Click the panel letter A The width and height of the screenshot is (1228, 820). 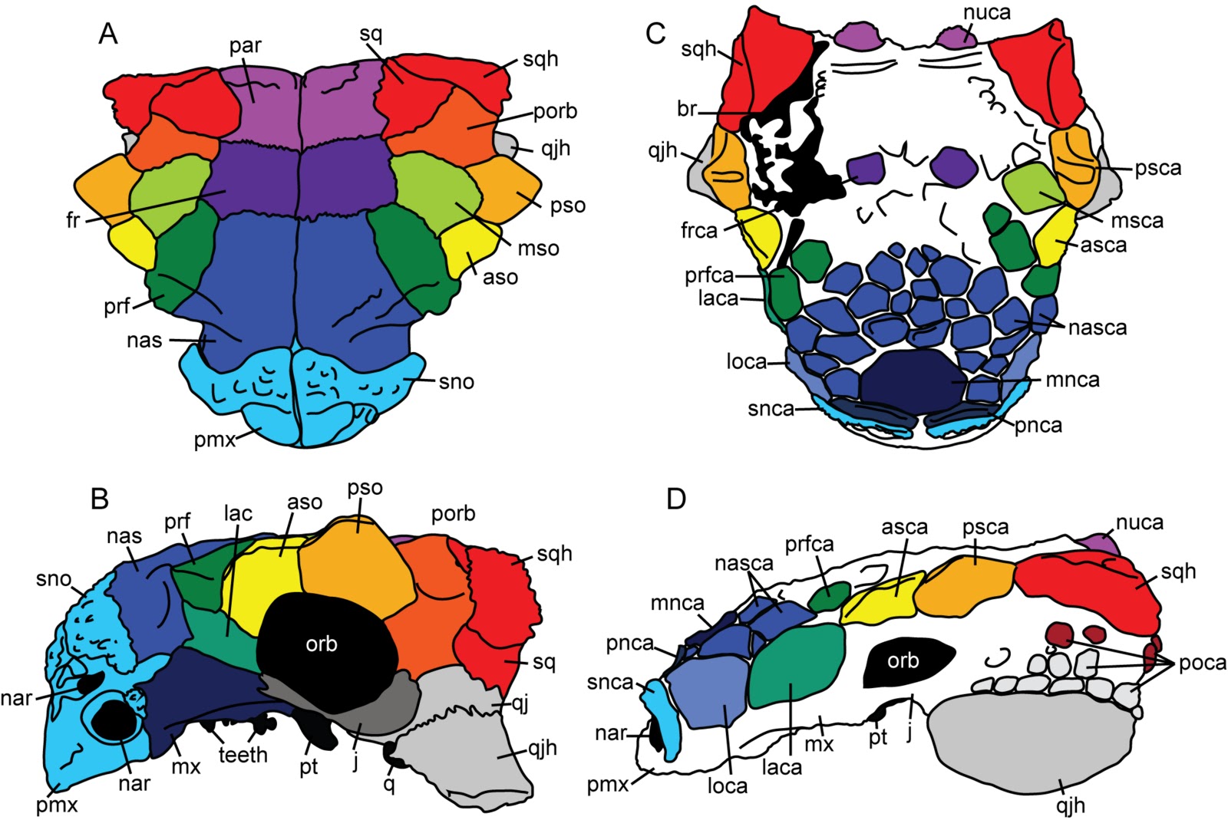pos(108,35)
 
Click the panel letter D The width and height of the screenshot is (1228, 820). pos(676,499)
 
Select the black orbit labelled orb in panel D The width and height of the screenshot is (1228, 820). pos(906,662)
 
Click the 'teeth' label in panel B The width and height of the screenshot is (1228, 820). pos(243,756)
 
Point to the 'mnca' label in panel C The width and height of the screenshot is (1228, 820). pos(1072,380)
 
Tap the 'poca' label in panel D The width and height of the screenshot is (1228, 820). pos(1203,662)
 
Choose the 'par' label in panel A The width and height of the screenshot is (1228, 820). pos(245,45)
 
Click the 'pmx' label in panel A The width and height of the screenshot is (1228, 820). pos(215,440)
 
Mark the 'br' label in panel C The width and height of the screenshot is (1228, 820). pos(687,109)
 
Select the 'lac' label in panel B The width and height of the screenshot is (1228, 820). pos(238,513)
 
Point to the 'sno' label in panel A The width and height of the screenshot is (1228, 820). pos(456,382)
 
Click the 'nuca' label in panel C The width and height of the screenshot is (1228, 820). pos(986,12)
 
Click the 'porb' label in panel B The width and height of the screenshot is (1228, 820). pos(453,513)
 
